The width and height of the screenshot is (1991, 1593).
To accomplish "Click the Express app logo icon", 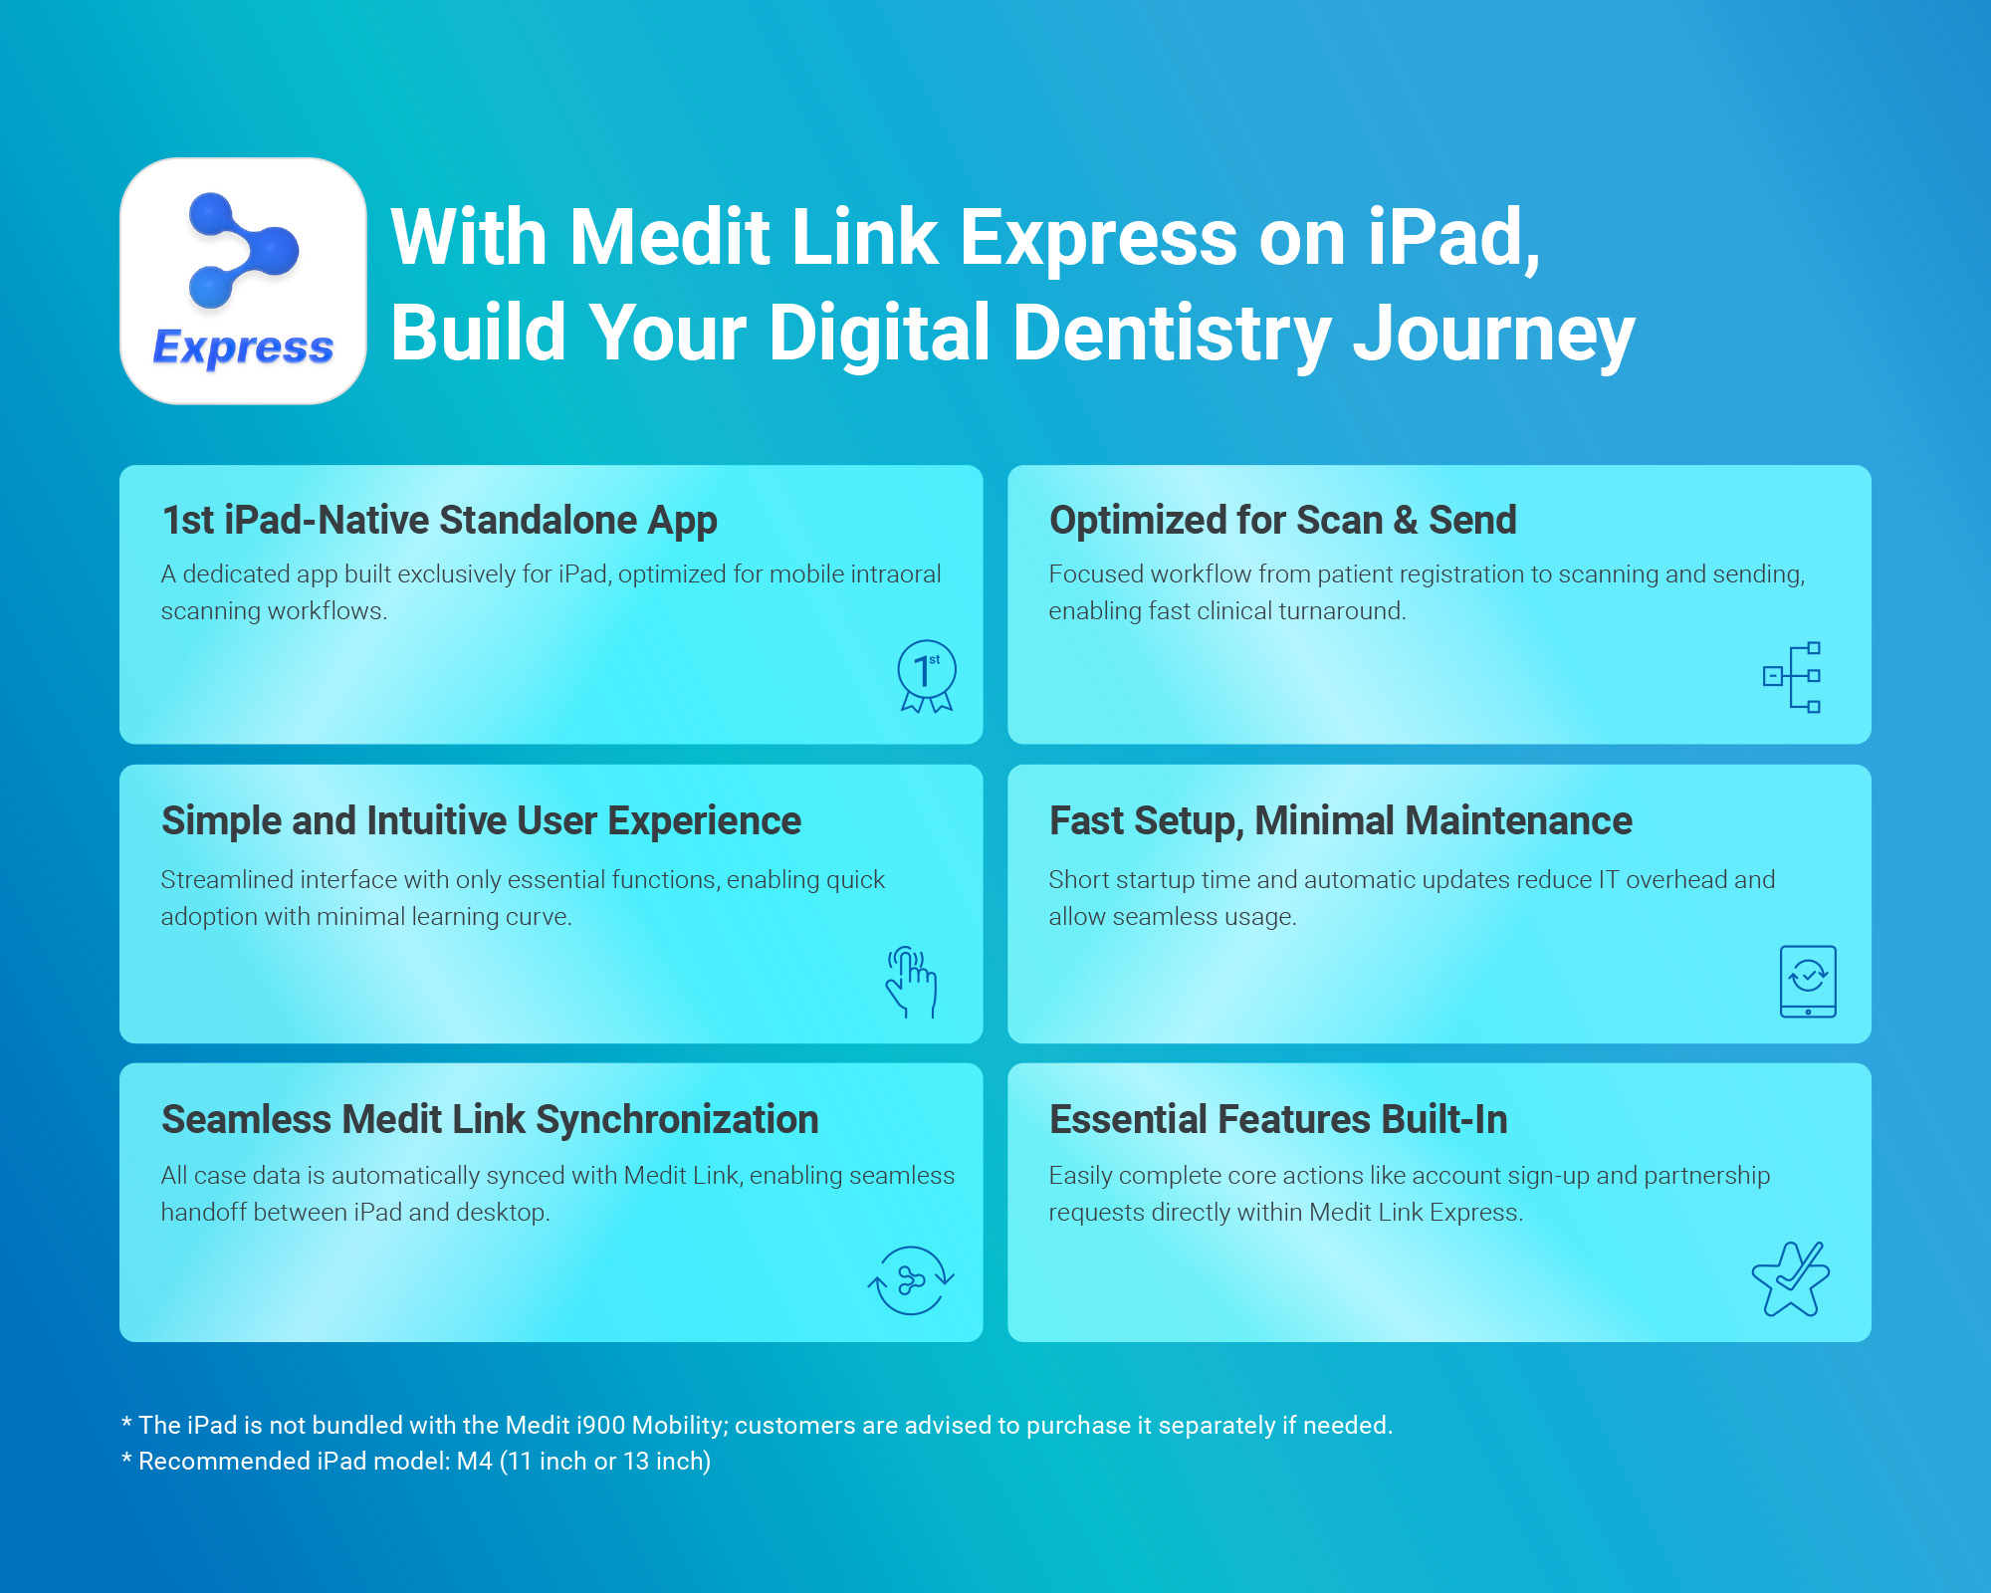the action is [243, 281].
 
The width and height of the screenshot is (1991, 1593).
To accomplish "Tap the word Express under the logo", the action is [243, 347].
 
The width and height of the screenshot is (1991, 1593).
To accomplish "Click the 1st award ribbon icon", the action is [927, 676].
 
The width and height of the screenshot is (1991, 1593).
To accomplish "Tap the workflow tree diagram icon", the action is [1792, 677].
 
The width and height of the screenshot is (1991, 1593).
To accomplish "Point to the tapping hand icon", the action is [911, 982].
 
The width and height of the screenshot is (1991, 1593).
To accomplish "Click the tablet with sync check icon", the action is [1808, 982].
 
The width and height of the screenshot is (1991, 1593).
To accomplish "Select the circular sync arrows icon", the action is [911, 1280].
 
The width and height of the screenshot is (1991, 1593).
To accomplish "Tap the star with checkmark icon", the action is [1791, 1279].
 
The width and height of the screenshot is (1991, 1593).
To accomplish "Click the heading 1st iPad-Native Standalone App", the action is [439, 521].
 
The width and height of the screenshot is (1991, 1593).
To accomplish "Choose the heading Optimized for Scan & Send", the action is [1283, 520].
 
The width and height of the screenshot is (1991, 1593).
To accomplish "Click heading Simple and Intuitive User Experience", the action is [481, 821].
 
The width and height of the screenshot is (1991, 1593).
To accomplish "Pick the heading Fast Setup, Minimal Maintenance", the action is [1341, 821].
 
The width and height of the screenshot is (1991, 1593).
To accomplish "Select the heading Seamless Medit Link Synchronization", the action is [490, 1120].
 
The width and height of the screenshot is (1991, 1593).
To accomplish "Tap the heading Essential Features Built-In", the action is [1278, 1119].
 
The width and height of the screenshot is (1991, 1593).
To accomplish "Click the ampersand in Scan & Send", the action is [1405, 520].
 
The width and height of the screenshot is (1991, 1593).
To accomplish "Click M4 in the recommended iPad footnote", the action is [475, 1461].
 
